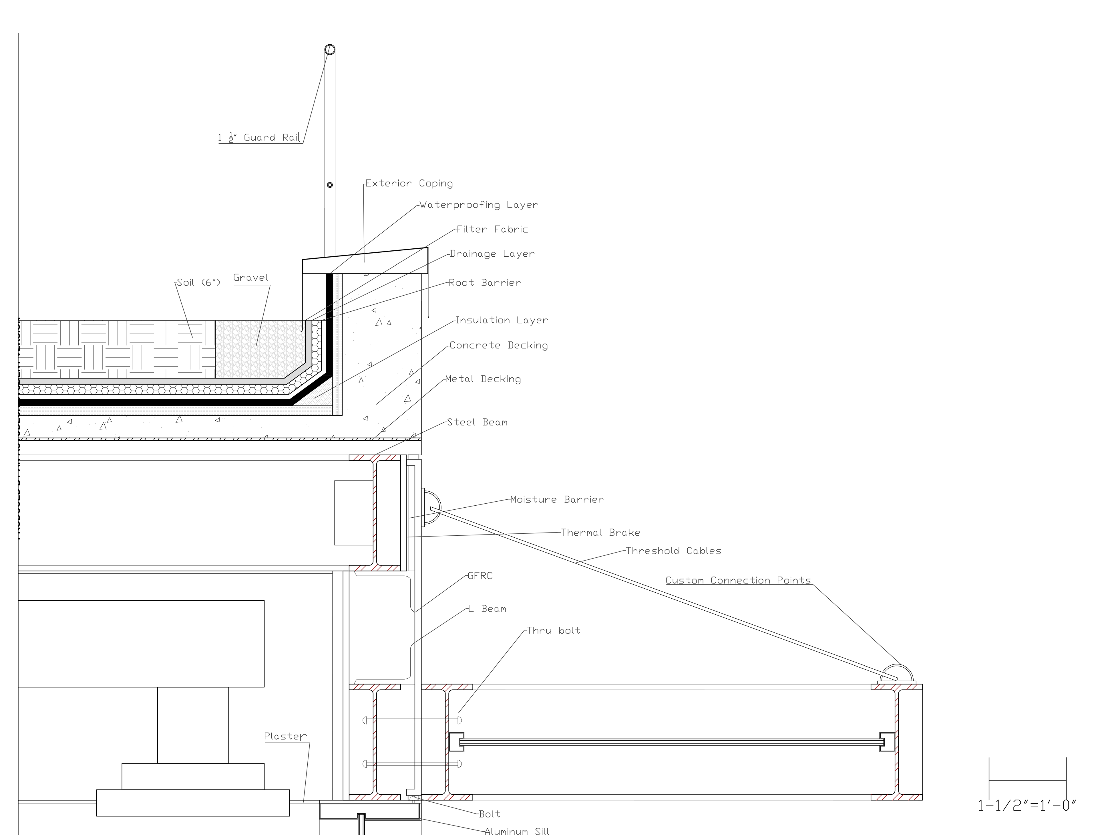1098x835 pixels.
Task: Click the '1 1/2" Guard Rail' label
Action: tap(259, 138)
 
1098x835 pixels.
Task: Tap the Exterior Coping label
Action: tap(409, 183)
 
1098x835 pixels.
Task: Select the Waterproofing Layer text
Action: tap(478, 205)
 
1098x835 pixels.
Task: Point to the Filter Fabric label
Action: tap(492, 229)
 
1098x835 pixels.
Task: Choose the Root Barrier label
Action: tap(485, 283)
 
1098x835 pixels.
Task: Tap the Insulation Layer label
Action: tap(502, 320)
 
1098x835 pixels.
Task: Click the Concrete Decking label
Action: tap(499, 345)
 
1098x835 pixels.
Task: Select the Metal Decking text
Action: tap(483, 379)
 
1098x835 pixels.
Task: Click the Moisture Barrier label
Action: tap(557, 500)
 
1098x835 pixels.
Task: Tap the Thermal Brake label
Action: tap(600, 533)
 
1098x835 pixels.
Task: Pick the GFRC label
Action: tap(480, 576)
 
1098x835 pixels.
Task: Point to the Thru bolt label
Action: tap(553, 631)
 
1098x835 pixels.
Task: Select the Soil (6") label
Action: tap(198, 283)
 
